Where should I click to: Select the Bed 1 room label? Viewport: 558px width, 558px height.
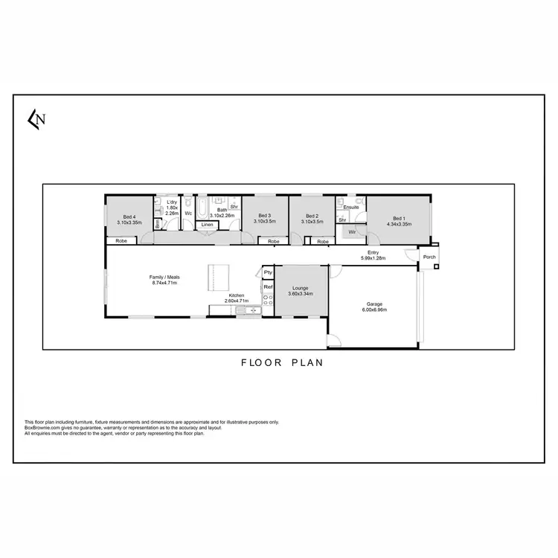399,217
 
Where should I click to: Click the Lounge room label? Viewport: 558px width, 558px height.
301,288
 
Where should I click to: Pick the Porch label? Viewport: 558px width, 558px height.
429,257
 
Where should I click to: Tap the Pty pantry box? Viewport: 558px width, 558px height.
268,273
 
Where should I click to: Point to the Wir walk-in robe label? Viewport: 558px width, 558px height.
352,233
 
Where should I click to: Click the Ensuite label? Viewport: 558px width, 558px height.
351,207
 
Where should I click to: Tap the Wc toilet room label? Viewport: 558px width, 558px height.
188,214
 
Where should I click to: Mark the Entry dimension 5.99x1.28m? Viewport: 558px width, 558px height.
373,258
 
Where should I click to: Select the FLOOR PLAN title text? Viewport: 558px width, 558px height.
280,364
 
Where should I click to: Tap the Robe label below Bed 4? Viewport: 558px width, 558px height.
120,241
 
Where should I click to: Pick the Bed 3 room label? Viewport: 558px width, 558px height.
265,217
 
